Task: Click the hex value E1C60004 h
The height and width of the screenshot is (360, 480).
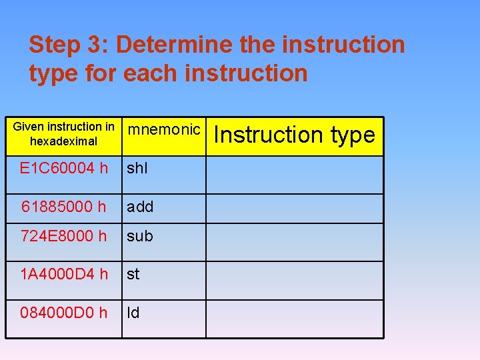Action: pyautogui.click(x=64, y=169)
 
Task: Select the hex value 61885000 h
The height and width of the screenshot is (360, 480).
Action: pyautogui.click(x=64, y=207)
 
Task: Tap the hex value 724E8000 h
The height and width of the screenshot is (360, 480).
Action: pyautogui.click(x=64, y=236)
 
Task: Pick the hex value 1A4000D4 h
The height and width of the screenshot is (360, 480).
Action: pyautogui.click(x=64, y=274)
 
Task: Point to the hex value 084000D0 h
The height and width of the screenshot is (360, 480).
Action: pyautogui.click(x=64, y=313)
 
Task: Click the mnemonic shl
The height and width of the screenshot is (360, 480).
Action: pyautogui.click(x=137, y=169)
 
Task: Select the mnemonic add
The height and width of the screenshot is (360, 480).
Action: pyautogui.click(x=140, y=207)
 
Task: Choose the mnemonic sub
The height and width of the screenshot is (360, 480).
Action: pyautogui.click(x=140, y=236)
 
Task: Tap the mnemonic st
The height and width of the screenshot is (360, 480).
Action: pyautogui.click(x=133, y=274)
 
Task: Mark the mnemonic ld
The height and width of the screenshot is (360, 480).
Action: pyautogui.click(x=133, y=313)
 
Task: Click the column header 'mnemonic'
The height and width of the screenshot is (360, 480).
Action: pyautogui.click(x=163, y=129)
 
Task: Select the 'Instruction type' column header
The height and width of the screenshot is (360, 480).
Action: pyautogui.click(x=295, y=135)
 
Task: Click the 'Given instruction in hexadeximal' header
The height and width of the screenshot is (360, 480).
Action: pyautogui.click(x=64, y=134)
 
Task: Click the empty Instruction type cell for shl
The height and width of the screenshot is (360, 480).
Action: pyautogui.click(x=295, y=175)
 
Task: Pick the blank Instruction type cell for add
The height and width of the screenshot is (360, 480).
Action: pyautogui.click(x=295, y=208)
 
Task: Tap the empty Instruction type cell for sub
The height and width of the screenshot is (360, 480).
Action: pyautogui.click(x=295, y=241)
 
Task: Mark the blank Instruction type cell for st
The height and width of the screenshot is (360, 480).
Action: pyautogui.click(x=295, y=280)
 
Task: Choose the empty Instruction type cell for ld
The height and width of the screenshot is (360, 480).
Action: pyautogui.click(x=295, y=319)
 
